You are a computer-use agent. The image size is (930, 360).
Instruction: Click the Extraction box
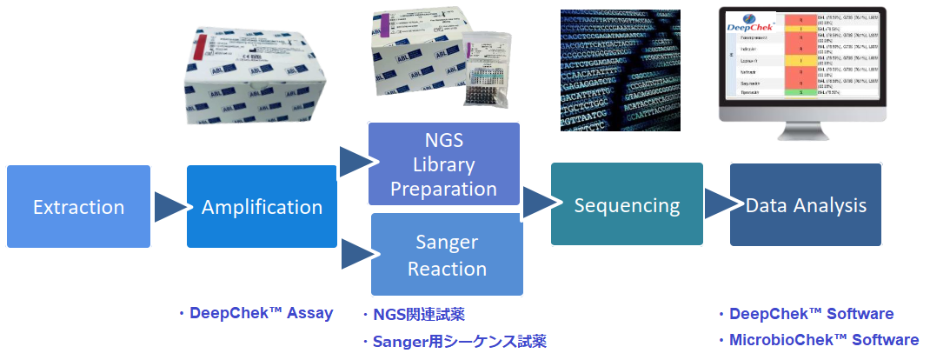tap(78, 207)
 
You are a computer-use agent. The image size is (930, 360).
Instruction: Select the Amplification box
tap(262, 207)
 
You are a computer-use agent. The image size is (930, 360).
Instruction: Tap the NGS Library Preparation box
tap(444, 164)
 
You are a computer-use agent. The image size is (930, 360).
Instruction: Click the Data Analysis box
tap(805, 205)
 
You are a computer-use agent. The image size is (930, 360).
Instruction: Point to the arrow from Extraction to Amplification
tap(169, 207)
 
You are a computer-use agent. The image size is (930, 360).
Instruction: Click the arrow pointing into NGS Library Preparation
tap(354, 162)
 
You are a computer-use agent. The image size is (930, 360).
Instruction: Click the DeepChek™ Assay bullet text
tap(256, 313)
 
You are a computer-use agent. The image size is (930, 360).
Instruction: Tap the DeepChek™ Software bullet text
tap(806, 314)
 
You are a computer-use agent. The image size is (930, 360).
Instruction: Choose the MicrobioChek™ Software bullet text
tap(819, 340)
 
